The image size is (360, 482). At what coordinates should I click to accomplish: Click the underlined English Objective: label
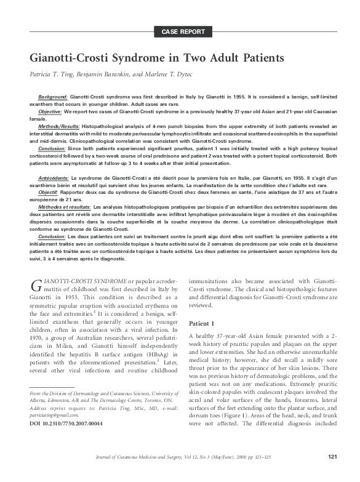(x=50, y=111)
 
